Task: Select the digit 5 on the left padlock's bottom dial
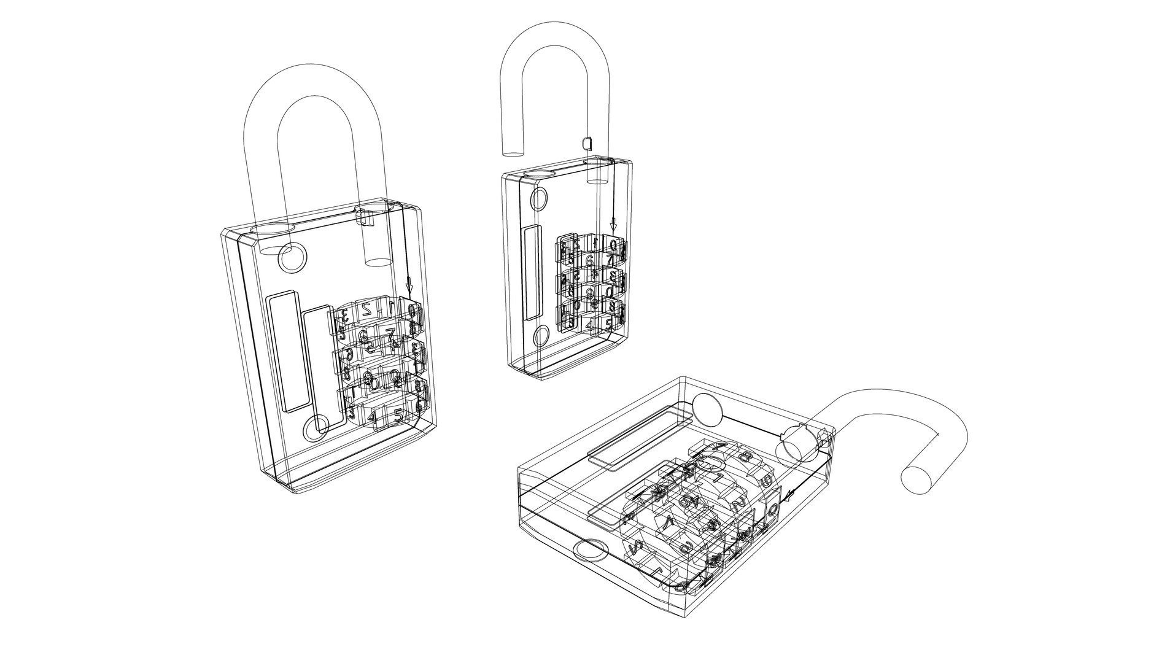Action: [398, 416]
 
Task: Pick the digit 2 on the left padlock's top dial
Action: [366, 308]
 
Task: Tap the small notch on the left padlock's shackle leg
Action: [365, 217]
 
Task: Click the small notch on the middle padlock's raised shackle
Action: [586, 143]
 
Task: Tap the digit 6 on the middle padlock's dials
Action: [589, 260]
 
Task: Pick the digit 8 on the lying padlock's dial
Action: [747, 457]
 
